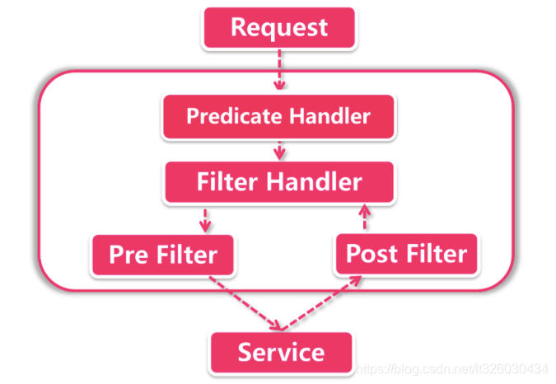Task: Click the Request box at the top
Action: tap(278, 27)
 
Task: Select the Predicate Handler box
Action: tap(278, 115)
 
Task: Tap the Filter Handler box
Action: tap(278, 182)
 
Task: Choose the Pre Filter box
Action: tap(162, 255)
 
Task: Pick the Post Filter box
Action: tap(405, 253)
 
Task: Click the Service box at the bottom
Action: tap(281, 353)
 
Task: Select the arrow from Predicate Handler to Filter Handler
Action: tap(280, 149)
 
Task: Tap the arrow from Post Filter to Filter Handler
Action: tap(362, 218)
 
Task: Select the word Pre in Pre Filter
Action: tap(128, 255)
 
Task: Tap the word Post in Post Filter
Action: tap(370, 253)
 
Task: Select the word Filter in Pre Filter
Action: tap(185, 255)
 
